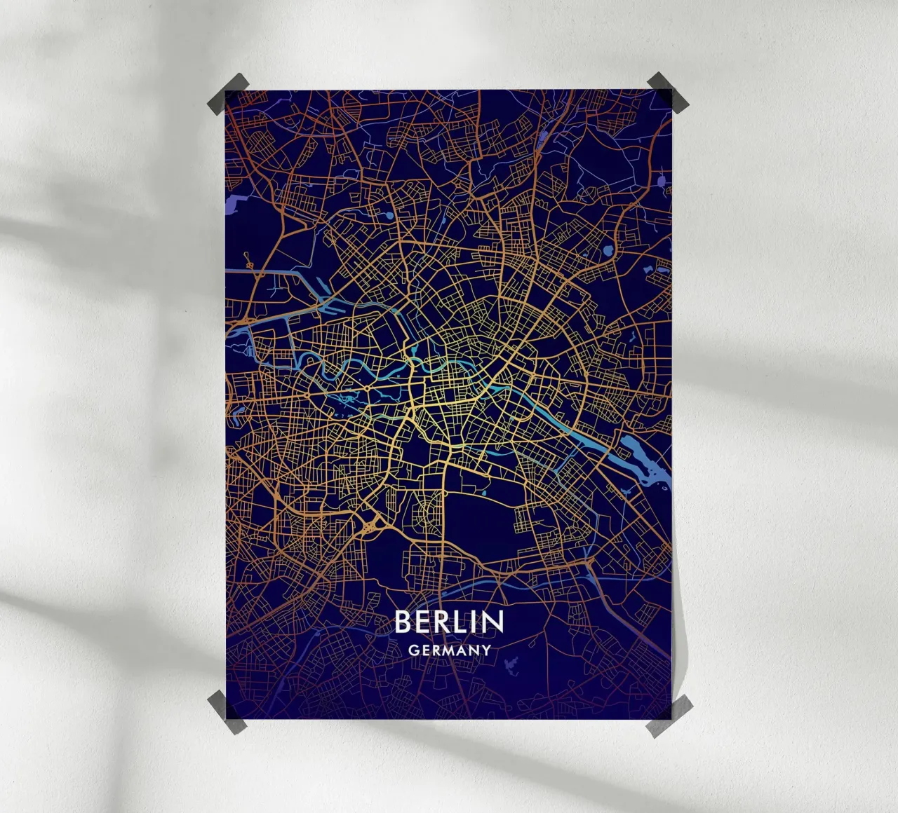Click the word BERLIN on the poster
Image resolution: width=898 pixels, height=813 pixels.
point(449,622)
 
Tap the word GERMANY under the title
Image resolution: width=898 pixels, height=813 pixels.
point(449,650)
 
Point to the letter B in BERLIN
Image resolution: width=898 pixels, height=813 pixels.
point(403,622)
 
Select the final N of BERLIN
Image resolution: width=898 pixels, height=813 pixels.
point(493,622)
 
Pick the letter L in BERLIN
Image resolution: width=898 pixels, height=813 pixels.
point(460,622)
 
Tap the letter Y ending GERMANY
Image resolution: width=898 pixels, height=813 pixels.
point(485,650)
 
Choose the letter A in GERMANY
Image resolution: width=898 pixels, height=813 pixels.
point(462,650)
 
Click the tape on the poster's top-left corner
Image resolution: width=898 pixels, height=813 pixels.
point(228,93)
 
